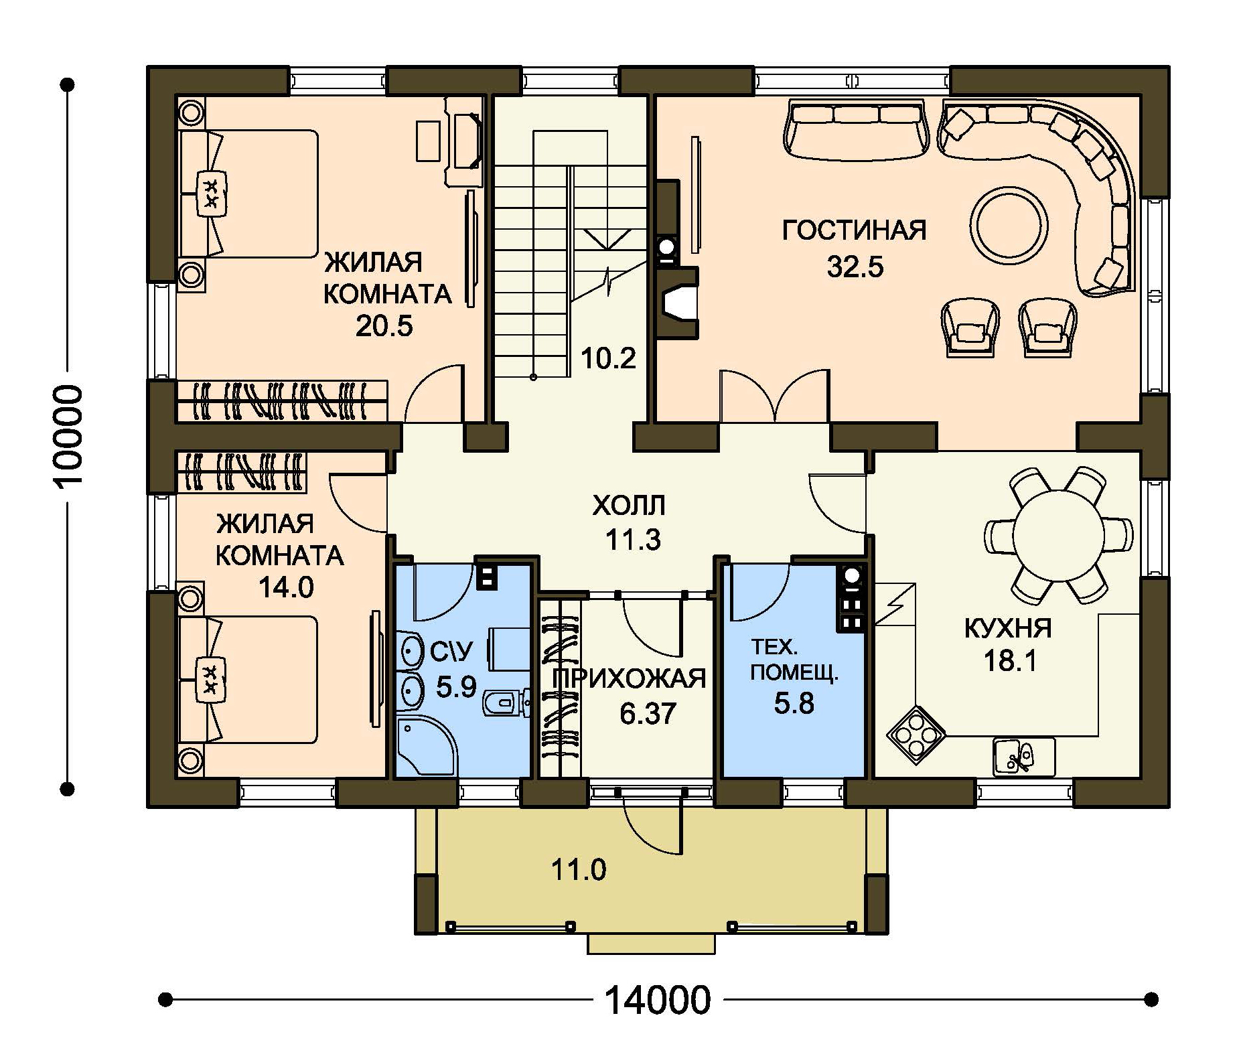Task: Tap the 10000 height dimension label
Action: click(68, 435)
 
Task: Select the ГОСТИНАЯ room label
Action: click(855, 230)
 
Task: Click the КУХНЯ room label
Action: click(1008, 628)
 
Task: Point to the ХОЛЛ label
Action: click(629, 506)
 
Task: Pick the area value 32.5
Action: click(855, 267)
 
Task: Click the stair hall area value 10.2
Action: click(607, 359)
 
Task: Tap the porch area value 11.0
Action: click(579, 870)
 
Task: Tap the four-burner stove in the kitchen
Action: click(916, 735)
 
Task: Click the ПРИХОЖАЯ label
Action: click(628, 678)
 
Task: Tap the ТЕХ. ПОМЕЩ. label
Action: click(794, 660)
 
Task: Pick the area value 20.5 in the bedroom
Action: click(384, 326)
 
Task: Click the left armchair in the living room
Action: click(970, 327)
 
